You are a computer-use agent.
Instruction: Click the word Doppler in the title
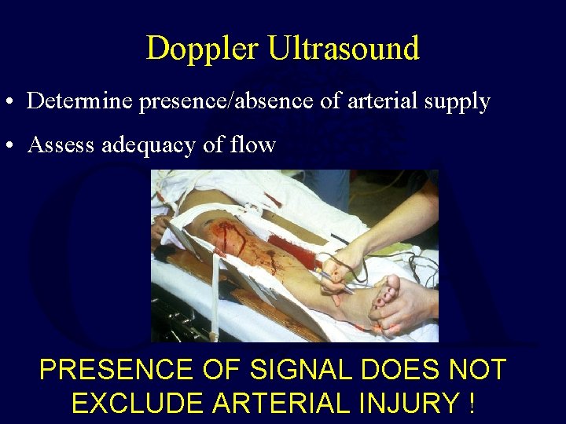[202, 49]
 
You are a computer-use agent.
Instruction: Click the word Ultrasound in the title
[344, 49]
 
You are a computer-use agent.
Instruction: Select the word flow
[254, 144]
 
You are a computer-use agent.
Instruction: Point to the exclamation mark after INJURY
[470, 403]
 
